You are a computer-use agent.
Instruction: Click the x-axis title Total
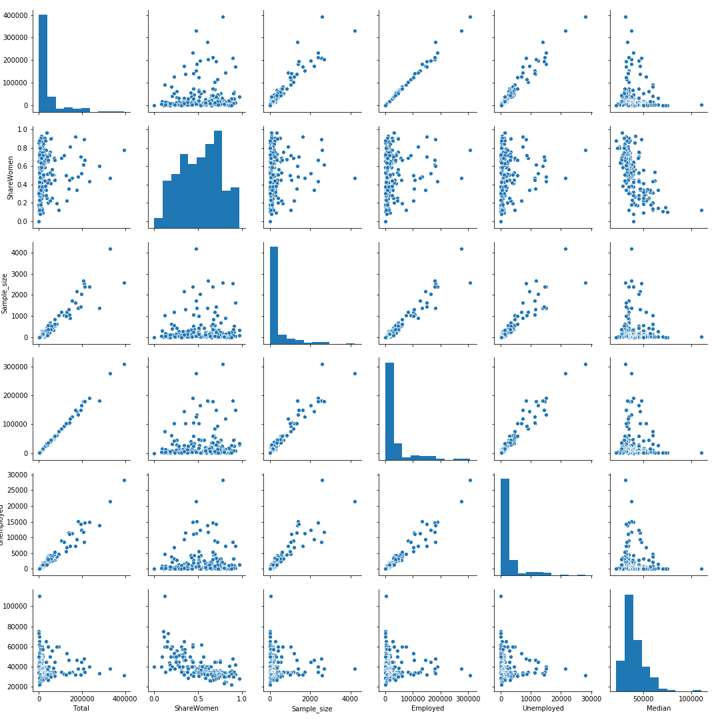[81, 708]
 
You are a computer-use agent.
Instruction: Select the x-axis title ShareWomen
[197, 708]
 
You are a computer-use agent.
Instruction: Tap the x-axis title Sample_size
[312, 709]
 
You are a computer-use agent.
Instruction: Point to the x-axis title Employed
[427, 708]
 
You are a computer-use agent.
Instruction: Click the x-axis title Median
[659, 708]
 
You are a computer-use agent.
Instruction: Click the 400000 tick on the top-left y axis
[16, 15]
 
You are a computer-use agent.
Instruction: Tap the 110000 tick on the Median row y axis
[16, 596]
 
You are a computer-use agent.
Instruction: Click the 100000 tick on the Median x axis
[691, 697]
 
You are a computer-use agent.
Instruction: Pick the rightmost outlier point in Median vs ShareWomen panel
[701, 210]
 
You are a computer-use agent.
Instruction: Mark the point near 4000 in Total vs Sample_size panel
[355, 31]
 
